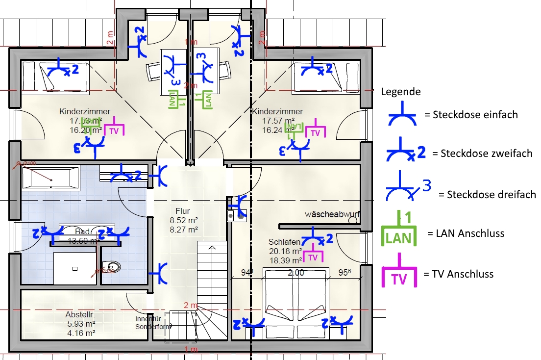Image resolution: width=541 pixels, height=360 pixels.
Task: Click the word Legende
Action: (x=400, y=92)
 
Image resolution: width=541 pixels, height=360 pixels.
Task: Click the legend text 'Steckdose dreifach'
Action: (x=492, y=194)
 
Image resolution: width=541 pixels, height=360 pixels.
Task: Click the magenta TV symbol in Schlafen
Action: (x=313, y=256)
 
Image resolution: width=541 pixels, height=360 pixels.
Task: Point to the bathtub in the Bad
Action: (x=49, y=178)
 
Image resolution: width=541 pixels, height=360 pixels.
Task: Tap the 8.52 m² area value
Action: (x=183, y=220)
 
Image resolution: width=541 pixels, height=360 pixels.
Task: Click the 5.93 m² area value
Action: (x=80, y=324)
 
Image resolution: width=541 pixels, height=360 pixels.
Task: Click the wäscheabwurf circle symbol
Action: (x=352, y=221)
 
